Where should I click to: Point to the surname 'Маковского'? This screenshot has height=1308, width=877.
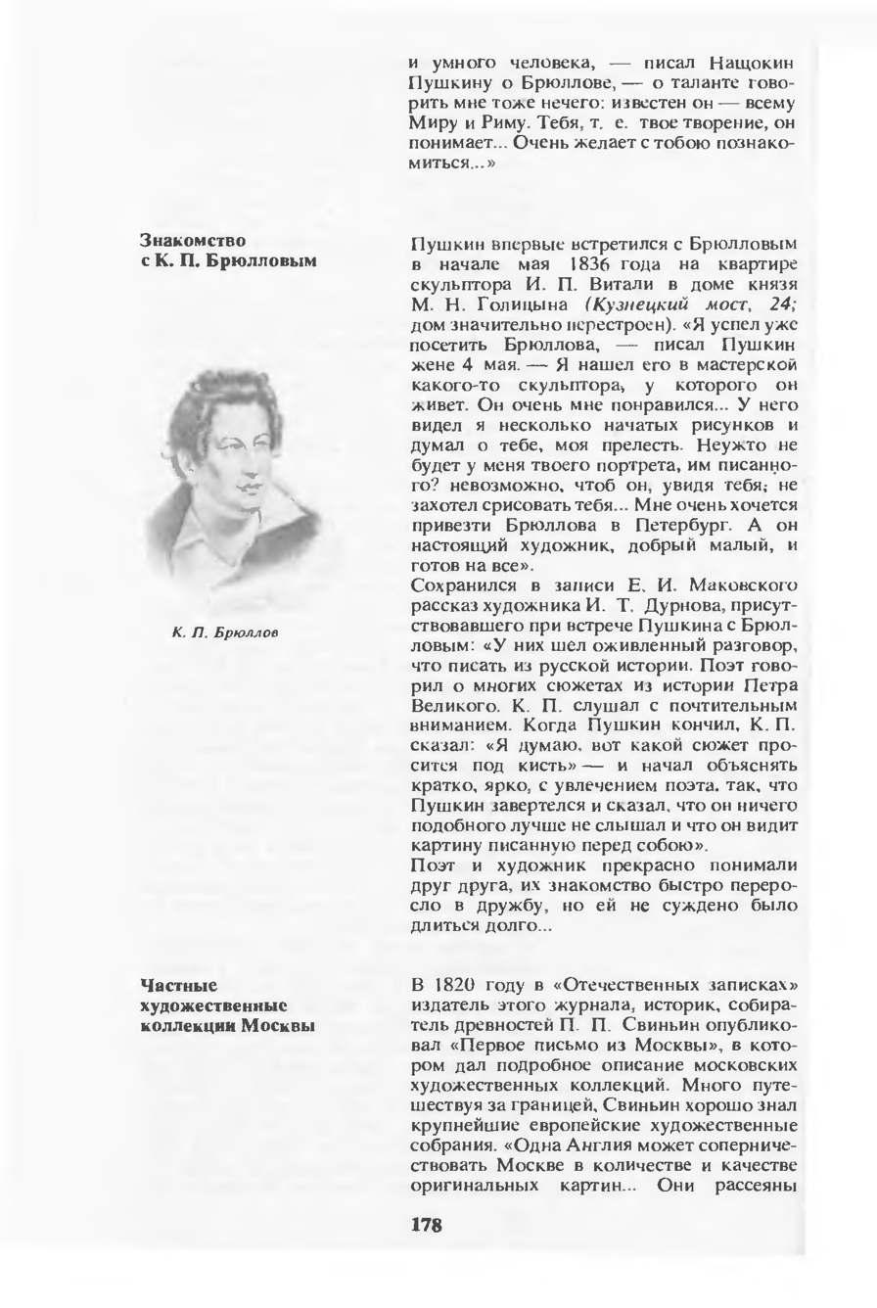735,587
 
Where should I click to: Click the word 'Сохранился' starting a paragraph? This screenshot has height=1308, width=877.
454,587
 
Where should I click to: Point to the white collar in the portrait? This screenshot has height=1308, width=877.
225,543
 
